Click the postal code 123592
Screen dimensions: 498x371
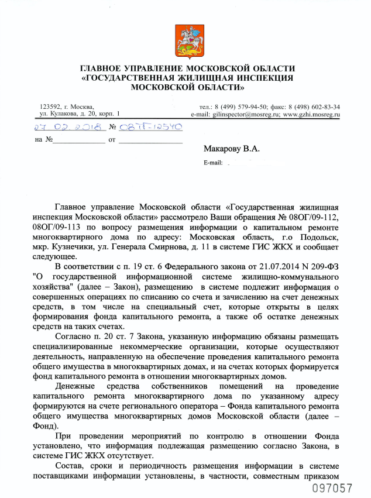tap(50, 107)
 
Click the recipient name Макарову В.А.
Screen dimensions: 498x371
tap(231, 149)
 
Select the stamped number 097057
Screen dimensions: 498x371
tap(332, 487)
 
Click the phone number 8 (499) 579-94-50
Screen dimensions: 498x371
tap(243, 107)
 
